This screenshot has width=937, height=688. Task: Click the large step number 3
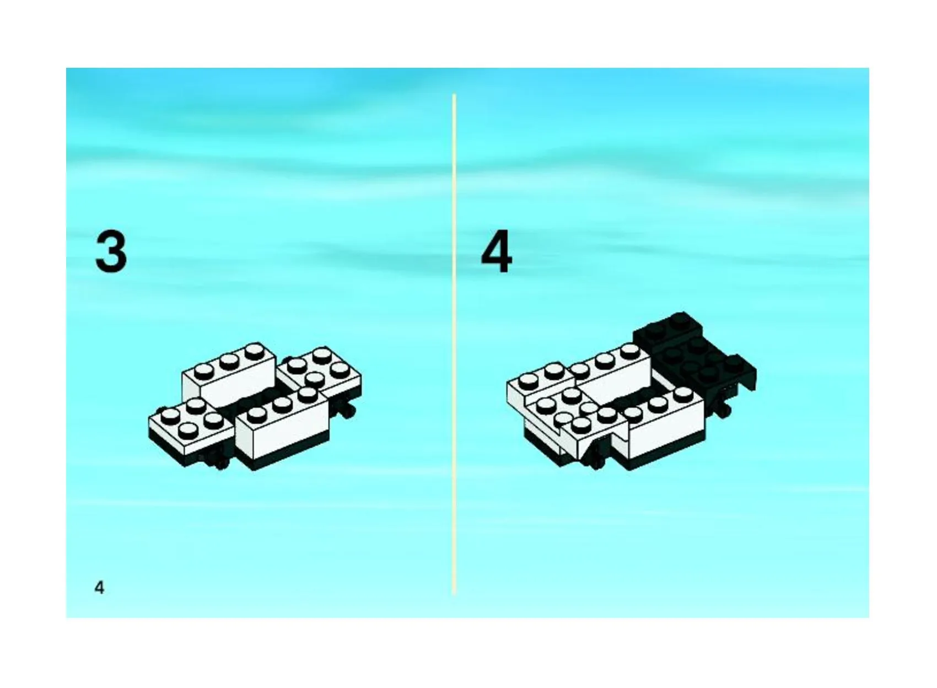[111, 252]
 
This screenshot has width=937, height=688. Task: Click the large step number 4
[497, 251]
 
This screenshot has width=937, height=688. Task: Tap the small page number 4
[100, 588]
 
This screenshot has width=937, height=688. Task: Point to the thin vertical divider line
[454, 343]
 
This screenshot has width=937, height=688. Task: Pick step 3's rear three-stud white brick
[229, 376]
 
